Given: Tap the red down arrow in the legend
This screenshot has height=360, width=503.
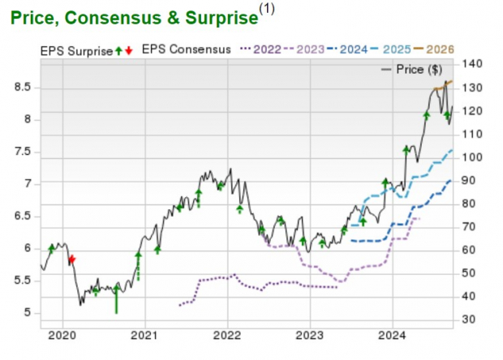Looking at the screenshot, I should click(128, 50).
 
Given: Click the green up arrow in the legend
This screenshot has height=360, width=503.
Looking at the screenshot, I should click(118, 50).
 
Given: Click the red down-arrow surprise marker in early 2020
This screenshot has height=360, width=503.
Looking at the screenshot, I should click(71, 259).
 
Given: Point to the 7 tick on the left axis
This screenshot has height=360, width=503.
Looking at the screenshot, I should click(28, 183).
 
